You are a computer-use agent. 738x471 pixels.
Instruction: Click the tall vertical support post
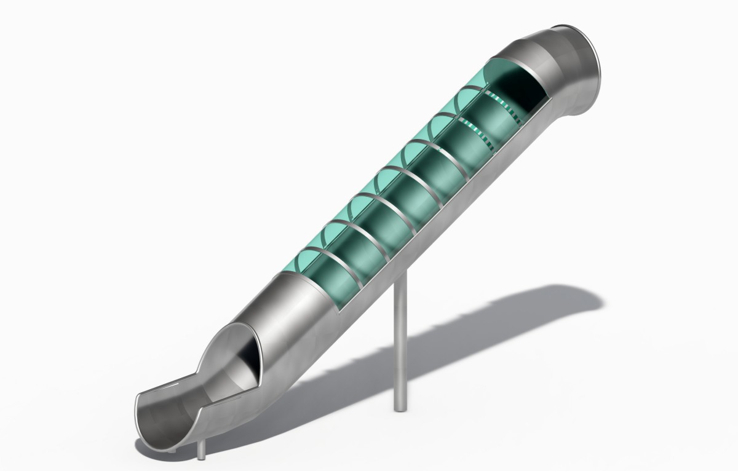click(x=400, y=344)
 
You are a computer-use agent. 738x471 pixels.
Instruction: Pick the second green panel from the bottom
click(x=344, y=252)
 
